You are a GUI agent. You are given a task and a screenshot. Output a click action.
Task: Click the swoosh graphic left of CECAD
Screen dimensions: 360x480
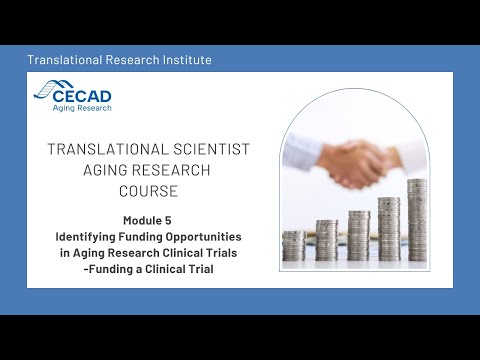(47, 92)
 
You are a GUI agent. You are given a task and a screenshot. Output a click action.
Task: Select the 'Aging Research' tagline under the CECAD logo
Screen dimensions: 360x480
(87, 107)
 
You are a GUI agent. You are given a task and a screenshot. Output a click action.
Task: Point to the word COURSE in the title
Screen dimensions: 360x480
(149, 189)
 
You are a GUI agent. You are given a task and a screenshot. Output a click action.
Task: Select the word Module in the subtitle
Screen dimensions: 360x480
(143, 220)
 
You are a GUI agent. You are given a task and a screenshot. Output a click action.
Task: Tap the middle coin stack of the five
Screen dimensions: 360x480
(358, 236)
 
